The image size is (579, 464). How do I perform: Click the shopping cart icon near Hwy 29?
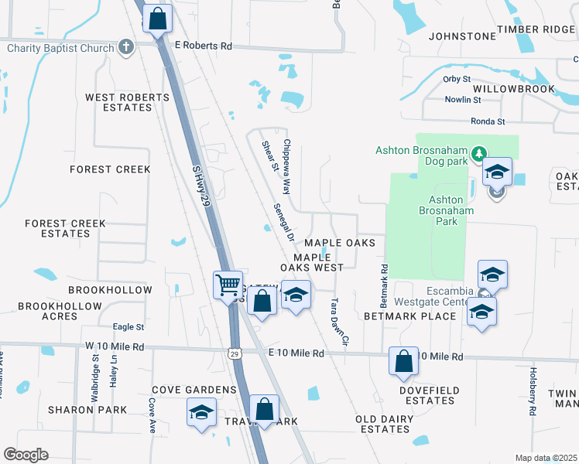228,285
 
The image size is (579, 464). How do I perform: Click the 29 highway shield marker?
235,353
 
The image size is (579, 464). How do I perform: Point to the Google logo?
26,455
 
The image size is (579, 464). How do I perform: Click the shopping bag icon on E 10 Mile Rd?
404,361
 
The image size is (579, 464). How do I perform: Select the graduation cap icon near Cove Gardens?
201,411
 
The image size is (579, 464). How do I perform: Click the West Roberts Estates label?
127,102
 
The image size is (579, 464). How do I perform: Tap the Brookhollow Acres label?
60,311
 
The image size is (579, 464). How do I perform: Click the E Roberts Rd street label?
204,46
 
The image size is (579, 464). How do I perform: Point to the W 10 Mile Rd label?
115,346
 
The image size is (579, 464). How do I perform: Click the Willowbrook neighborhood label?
513,89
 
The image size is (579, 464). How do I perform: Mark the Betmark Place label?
409,316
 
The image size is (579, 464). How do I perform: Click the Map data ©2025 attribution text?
546,458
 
